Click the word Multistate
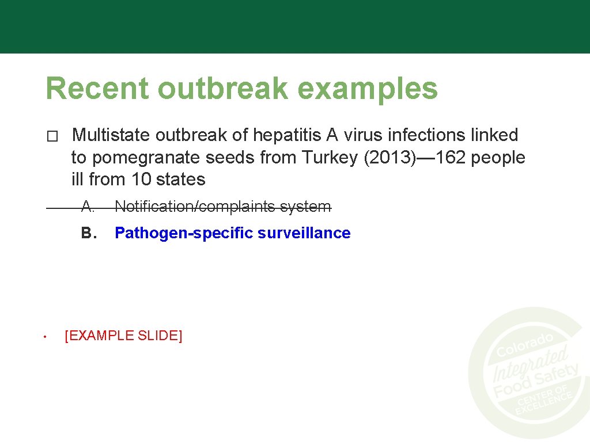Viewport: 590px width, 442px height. click(111, 135)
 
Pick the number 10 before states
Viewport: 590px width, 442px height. click(141, 179)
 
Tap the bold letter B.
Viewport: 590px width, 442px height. click(88, 233)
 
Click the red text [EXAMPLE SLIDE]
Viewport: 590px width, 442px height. click(123, 336)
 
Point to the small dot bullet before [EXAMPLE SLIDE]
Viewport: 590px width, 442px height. click(44, 337)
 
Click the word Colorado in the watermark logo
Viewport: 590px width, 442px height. click(525, 344)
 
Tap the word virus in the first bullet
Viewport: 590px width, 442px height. click(362, 135)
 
